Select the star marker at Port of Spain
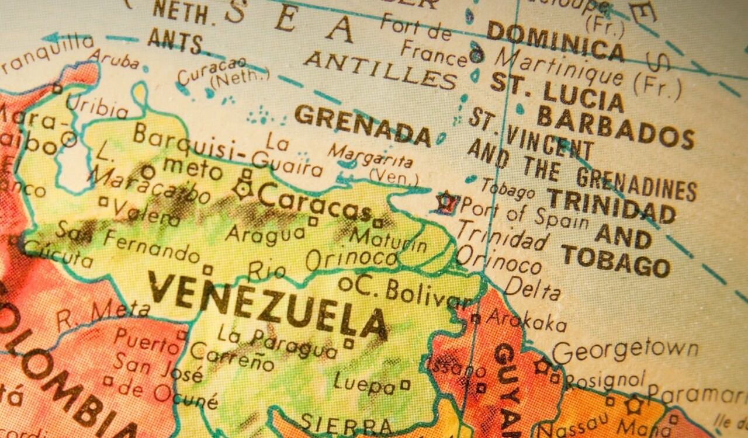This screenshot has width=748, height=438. click(447, 202)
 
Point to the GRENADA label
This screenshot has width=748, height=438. click(362, 124)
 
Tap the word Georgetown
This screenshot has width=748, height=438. click(625, 351)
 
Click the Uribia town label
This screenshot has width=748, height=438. click(96, 106)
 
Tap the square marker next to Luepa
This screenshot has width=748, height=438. click(404, 385)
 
